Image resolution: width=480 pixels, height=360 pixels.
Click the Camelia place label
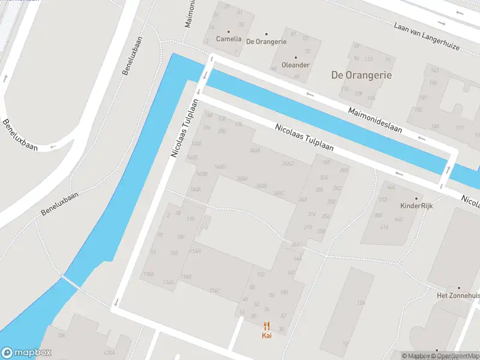click(x=229, y=39)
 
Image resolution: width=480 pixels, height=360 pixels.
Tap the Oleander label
click(x=295, y=65)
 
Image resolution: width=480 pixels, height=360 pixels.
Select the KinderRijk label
click(x=416, y=205)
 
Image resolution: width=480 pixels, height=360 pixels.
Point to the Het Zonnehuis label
click(x=458, y=295)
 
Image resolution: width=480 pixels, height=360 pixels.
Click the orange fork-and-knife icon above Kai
click(x=266, y=326)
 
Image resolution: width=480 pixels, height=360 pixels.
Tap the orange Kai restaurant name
click(x=266, y=335)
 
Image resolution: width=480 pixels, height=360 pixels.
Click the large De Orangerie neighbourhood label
click(x=361, y=75)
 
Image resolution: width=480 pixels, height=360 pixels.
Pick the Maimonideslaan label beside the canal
click(x=376, y=119)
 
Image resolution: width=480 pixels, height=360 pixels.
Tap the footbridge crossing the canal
click(x=70, y=282)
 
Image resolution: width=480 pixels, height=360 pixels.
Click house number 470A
click(x=109, y=353)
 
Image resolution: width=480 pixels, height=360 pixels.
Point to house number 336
click(x=61, y=335)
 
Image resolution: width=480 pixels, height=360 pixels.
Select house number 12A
click(x=361, y=304)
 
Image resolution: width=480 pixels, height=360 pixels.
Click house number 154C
click(x=215, y=291)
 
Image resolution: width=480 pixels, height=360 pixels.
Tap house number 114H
click(x=195, y=251)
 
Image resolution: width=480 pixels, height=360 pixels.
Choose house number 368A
click(x=242, y=178)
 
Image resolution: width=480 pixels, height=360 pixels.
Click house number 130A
click(x=149, y=274)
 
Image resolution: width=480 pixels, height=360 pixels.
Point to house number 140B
click(x=202, y=174)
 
